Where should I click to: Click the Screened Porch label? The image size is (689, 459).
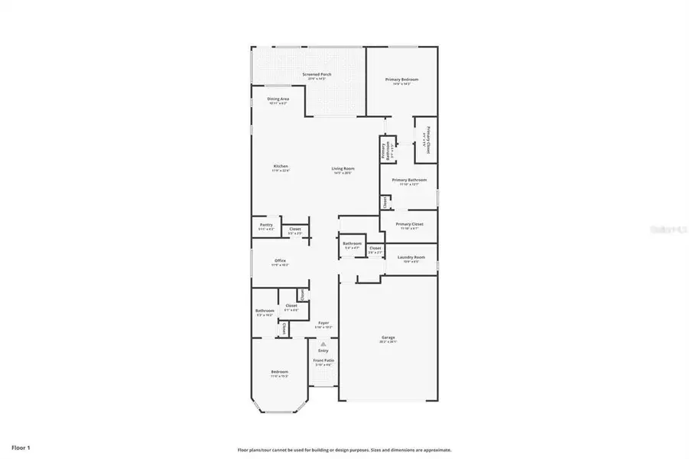pos(317,74)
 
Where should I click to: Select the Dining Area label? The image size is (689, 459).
pos(278,99)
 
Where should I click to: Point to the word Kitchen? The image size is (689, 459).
pos(281,166)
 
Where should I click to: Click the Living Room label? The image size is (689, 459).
pos(343,168)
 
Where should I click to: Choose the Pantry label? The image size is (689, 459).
pos(266,225)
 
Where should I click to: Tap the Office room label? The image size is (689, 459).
pos(280,261)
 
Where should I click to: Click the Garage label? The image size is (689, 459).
pos(388,337)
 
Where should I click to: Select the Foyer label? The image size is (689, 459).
pos(323,323)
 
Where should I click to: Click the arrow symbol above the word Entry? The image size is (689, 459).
pos(323,344)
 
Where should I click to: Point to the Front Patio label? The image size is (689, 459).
pos(323,360)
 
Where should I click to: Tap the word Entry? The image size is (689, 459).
pos(323,350)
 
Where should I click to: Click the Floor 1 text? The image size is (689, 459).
pos(21,446)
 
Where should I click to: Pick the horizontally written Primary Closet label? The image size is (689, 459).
pos(409,224)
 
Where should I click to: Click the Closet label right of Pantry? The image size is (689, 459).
pos(294,229)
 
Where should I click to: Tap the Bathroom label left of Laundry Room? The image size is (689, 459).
pos(352,243)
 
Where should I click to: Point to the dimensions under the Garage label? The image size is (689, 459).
pos(388,341)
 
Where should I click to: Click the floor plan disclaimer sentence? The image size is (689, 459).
pos(344,450)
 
